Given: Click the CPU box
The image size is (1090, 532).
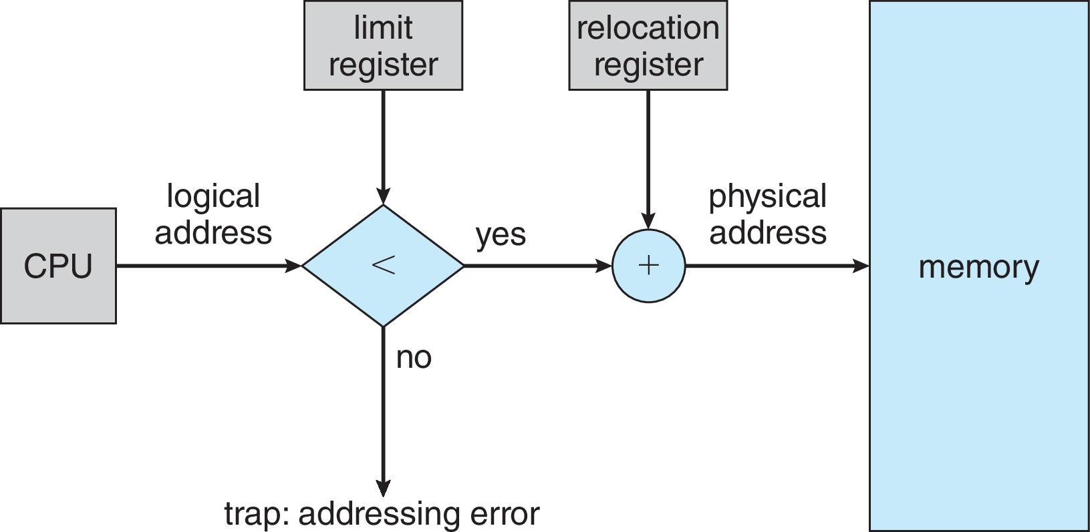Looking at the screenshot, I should click(x=58, y=266).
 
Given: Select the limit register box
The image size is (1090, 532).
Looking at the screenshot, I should click(x=383, y=45).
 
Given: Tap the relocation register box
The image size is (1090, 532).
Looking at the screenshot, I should click(x=648, y=45).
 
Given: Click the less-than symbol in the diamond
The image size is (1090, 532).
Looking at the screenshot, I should click(x=383, y=265).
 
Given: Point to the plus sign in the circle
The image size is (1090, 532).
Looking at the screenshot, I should click(x=648, y=266).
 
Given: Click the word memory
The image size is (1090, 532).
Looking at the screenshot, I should click(x=978, y=267).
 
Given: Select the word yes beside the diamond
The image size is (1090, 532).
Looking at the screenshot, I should click(x=501, y=235).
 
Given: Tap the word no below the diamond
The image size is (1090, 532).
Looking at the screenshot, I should click(x=414, y=358).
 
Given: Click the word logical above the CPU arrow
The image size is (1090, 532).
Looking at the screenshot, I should click(x=213, y=196).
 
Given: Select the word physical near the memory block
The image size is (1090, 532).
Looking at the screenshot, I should click(x=767, y=196).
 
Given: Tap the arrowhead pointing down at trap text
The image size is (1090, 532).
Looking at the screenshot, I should click(x=383, y=489).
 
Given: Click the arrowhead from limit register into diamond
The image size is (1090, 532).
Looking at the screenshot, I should click(x=383, y=196).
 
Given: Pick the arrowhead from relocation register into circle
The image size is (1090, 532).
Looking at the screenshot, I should click(x=648, y=221).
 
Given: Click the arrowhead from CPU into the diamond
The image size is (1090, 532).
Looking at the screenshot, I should click(x=293, y=266).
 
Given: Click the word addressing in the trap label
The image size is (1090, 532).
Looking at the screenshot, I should click(x=379, y=514).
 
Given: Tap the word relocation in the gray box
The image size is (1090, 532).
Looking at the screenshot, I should click(x=648, y=28).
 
